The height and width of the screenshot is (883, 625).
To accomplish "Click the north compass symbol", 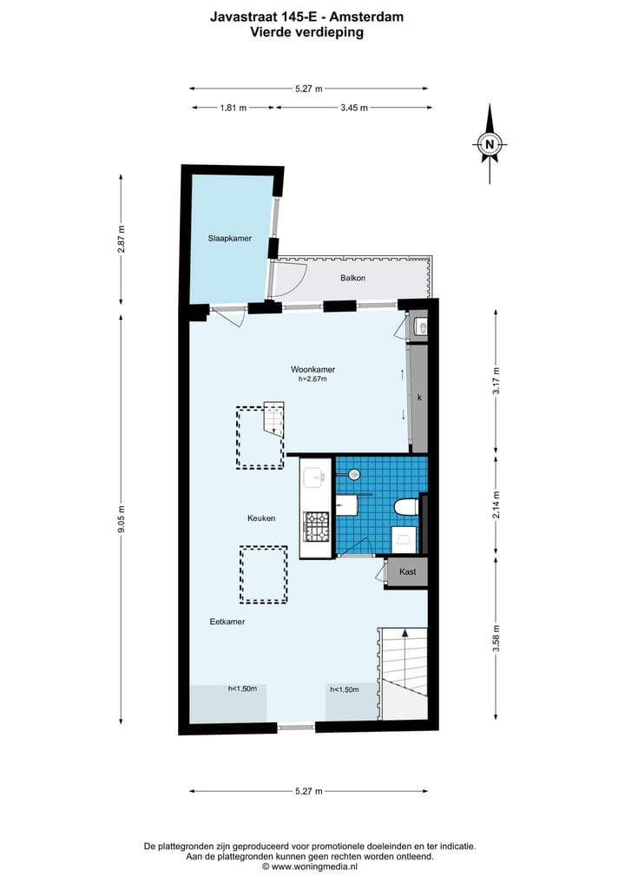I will coord(490,144).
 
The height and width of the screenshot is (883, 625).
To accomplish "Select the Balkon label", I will coord(352,278).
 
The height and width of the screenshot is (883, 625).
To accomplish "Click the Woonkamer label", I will coord(312,369).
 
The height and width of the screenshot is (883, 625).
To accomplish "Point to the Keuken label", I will coord(261,518).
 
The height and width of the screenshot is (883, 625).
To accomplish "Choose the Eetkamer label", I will coord(227,622).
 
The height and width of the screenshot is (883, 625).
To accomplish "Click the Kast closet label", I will coord(407,572).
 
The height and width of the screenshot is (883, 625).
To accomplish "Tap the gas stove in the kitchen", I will coord(316,525).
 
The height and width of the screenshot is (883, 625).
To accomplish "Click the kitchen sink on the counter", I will coord(314,476).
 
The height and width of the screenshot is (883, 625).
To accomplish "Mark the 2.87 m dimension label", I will coord(122,238).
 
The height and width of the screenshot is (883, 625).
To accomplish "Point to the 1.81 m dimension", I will coord(233,108).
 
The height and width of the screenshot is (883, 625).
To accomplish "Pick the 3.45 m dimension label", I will coord(353,108).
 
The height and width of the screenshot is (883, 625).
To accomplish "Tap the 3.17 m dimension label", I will coord(496,382).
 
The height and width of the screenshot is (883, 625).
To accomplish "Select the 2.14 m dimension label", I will coord(496,504).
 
